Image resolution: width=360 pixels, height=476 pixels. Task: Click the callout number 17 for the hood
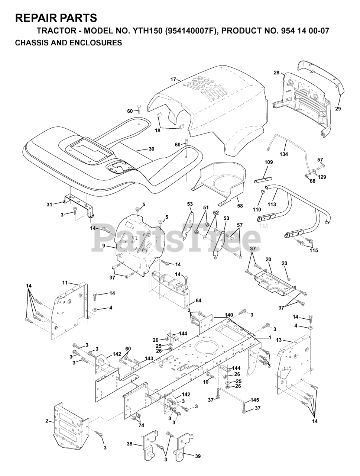click(x=173, y=79)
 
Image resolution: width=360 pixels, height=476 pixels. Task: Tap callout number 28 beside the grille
click(x=276, y=73)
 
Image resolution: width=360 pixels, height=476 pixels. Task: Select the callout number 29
click(x=338, y=109)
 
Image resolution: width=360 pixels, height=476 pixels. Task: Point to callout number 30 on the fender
click(x=151, y=149)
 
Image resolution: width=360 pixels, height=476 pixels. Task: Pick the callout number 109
click(x=269, y=162)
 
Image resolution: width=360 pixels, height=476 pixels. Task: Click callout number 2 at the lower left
click(x=47, y=421)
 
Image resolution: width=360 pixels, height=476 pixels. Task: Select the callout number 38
click(x=129, y=444)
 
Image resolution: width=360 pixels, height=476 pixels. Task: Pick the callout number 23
click(x=285, y=263)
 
